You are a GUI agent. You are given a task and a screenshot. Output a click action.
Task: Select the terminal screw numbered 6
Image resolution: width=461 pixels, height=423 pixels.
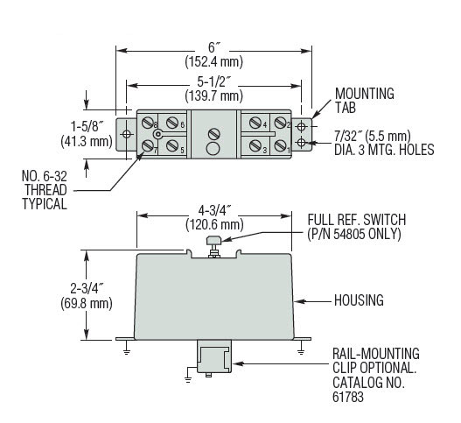click(x=173, y=123)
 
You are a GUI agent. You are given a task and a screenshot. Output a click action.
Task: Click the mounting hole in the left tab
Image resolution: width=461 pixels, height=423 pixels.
click(x=127, y=134)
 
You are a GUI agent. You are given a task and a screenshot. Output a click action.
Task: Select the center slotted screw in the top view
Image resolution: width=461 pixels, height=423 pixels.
click(x=213, y=133)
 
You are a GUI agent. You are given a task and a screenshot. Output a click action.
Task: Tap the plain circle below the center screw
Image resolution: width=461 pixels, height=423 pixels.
click(x=213, y=149)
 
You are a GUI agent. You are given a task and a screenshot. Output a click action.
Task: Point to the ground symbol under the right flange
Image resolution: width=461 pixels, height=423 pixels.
click(x=301, y=352)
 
